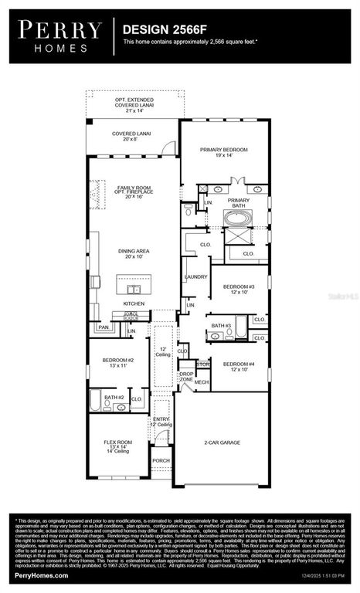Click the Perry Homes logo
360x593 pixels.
[60, 36]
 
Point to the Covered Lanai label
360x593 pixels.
[131, 137]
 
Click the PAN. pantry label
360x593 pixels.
[103, 327]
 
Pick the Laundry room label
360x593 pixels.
[194, 276]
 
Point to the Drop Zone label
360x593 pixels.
[186, 376]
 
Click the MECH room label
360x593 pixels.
[202, 382]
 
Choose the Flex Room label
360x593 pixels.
[119, 446]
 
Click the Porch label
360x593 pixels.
[161, 461]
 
